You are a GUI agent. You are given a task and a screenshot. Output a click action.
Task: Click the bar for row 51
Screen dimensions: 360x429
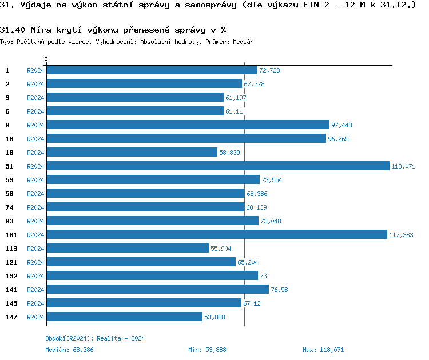(217, 166)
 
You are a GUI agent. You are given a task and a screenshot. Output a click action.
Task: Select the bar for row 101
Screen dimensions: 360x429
(217, 234)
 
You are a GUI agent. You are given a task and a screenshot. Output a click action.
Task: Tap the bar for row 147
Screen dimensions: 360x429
(124, 317)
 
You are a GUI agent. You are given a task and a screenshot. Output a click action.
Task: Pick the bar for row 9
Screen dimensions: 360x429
(188, 125)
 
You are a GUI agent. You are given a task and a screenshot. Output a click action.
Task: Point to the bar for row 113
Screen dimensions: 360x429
(127, 248)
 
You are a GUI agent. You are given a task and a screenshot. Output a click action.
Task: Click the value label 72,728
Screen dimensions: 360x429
(269, 70)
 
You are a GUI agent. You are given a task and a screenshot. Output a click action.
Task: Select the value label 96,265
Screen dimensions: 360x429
(338, 139)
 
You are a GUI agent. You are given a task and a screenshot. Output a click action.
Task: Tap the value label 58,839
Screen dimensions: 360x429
(230, 153)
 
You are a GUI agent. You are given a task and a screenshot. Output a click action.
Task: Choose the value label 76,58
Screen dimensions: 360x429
(279, 290)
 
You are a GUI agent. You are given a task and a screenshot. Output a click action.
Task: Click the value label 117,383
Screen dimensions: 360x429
(401, 235)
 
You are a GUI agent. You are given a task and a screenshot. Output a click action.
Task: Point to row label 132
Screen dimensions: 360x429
(11, 275)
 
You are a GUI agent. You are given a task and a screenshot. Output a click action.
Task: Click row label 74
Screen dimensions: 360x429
(9, 207)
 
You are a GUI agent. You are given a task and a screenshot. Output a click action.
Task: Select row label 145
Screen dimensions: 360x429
(11, 303)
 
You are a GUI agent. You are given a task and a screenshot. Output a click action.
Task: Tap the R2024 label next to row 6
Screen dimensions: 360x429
(35, 111)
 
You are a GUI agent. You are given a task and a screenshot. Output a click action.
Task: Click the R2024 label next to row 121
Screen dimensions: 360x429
(35, 262)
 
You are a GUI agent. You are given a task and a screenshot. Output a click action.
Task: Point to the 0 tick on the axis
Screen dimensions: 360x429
(46, 59)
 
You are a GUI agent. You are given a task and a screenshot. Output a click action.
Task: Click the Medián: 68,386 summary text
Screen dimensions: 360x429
(69, 350)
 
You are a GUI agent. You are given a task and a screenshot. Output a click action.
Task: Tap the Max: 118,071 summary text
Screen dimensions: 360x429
(323, 350)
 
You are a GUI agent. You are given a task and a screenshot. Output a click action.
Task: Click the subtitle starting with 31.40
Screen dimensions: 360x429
(113, 30)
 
